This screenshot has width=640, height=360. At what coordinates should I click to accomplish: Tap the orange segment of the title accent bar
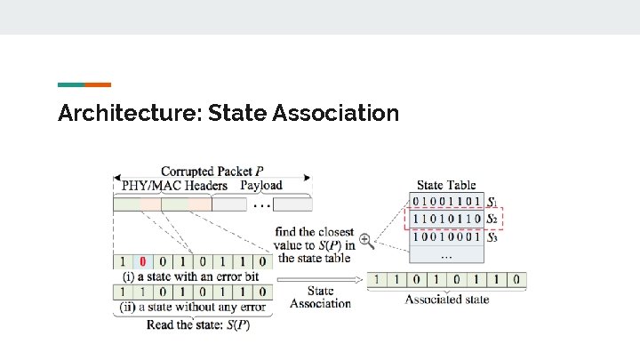[98, 84]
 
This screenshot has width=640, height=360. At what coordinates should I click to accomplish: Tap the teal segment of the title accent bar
[71, 84]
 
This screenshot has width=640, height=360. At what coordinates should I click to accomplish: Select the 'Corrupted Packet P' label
[212, 171]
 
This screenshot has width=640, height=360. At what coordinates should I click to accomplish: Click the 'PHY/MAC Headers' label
[174, 186]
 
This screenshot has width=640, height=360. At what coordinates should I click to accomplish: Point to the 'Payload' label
[261, 186]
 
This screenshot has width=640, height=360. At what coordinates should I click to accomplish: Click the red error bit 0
[140, 262]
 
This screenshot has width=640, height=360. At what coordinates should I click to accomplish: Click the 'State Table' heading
[446, 185]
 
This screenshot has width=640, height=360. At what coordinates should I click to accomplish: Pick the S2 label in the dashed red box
[492, 218]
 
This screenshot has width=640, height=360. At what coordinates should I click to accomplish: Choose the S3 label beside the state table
[492, 236]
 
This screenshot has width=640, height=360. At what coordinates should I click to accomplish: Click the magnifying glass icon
[365, 239]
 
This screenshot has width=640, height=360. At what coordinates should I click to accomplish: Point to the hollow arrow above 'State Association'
[320, 280]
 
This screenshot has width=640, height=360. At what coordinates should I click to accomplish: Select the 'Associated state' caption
[447, 300]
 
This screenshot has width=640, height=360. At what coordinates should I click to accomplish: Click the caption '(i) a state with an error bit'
[188, 276]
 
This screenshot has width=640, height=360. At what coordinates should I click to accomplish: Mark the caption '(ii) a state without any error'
[192, 308]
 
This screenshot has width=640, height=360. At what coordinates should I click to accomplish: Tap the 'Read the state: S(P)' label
[198, 324]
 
